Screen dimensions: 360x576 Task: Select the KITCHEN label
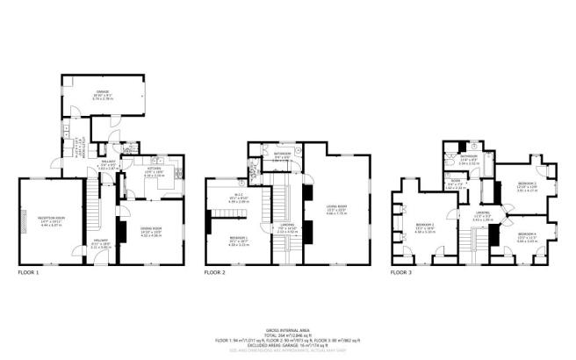[155, 171]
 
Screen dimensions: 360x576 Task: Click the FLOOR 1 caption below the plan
[29, 273]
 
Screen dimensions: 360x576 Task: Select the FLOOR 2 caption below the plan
[215, 273]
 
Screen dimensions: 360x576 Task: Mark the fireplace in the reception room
[24, 223]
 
